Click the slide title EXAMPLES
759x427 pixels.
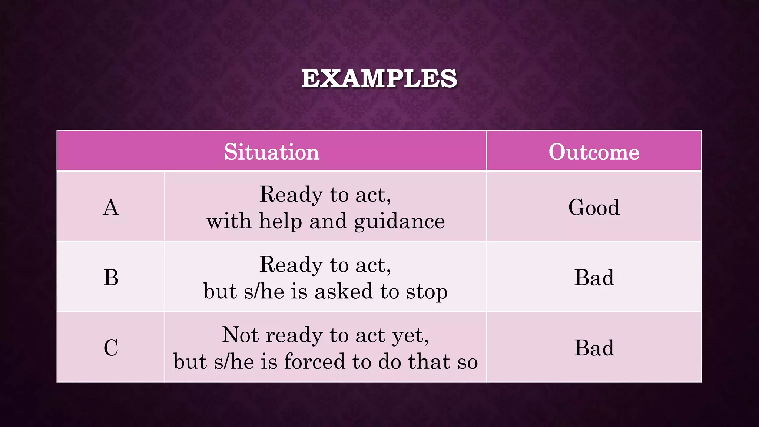pyautogui.click(x=379, y=79)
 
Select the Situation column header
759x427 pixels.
pyautogui.click(x=271, y=152)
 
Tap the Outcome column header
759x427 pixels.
pyautogui.click(x=594, y=152)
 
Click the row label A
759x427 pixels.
pyautogui.click(x=111, y=207)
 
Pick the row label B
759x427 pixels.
pyautogui.click(x=111, y=277)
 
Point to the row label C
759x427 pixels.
pyautogui.click(x=111, y=348)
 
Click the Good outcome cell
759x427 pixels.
pyautogui.click(x=594, y=207)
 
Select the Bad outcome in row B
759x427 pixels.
pyautogui.click(x=594, y=277)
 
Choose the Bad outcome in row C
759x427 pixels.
pyautogui.click(x=594, y=348)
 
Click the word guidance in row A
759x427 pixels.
pyautogui.click(x=399, y=222)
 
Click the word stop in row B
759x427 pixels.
pyautogui.click(x=427, y=292)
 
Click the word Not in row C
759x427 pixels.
pyautogui.click(x=240, y=335)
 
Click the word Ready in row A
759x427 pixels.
pyautogui.click(x=291, y=195)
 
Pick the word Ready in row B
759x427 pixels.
pyautogui.click(x=291, y=265)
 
